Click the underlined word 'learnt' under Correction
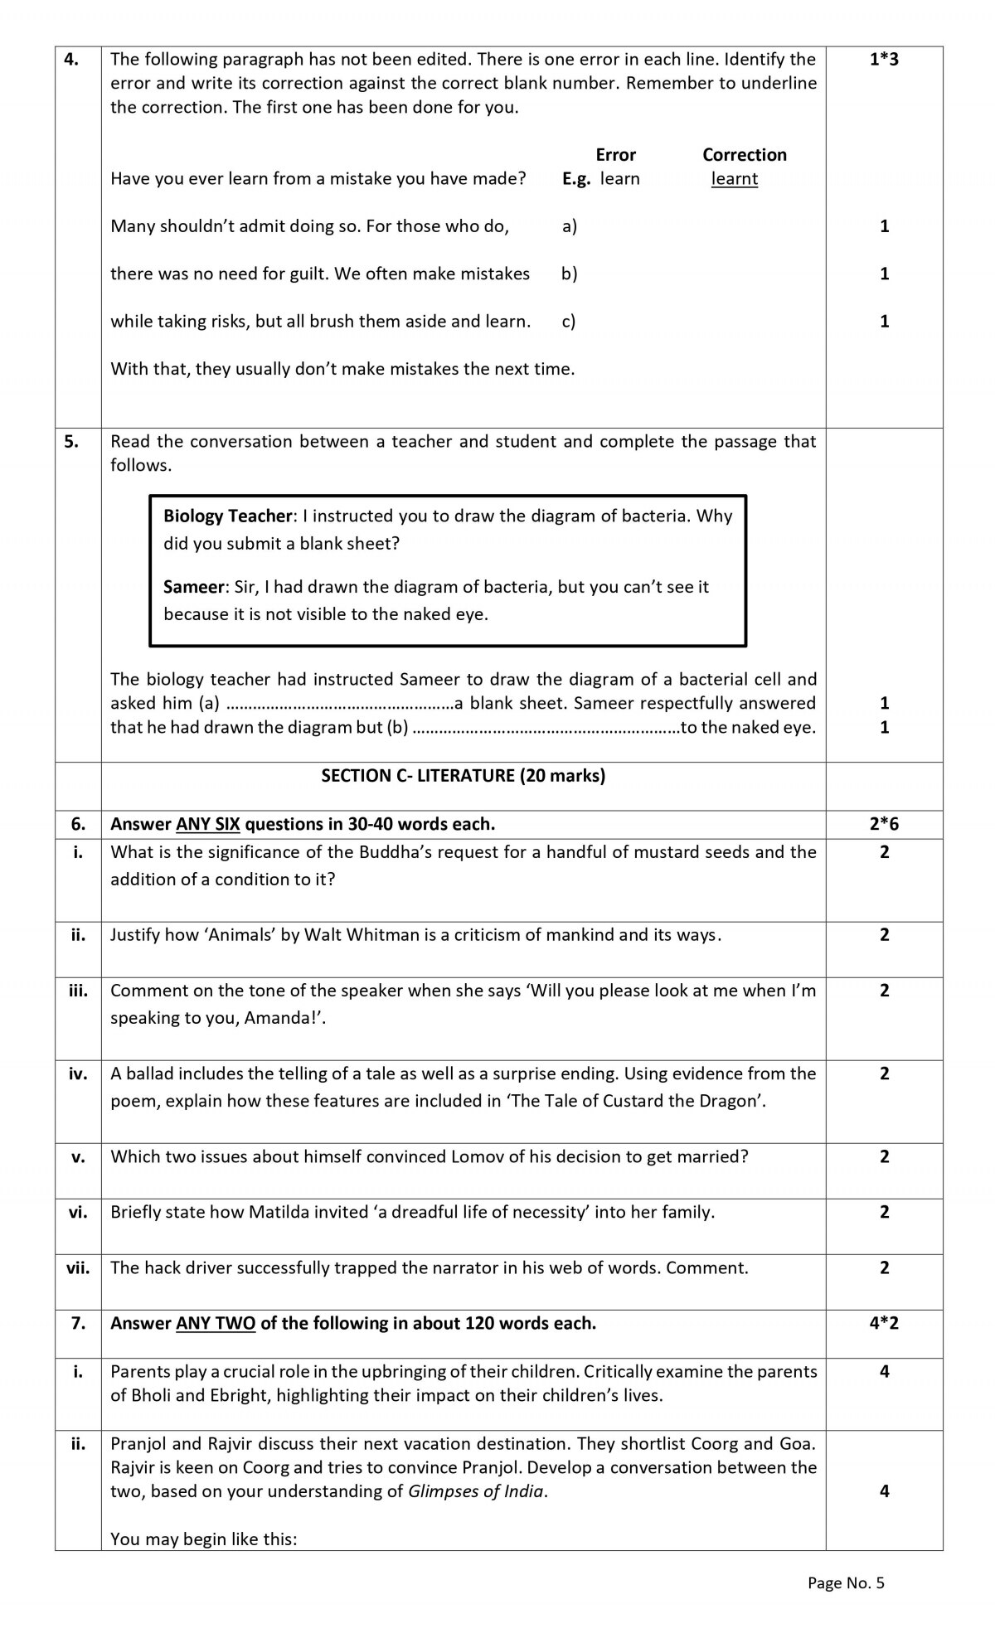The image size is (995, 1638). coord(734,179)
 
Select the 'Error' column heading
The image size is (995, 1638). coord(615,155)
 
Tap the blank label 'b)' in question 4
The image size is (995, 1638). coord(569,274)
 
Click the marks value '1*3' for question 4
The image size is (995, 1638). coord(884,60)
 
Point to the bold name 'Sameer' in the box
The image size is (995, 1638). coord(194,587)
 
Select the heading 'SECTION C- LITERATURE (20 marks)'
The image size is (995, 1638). coord(463,776)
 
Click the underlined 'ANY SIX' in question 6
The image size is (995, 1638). coord(208,824)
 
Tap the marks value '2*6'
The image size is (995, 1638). coord(884,824)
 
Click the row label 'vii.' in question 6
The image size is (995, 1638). coord(78,1267)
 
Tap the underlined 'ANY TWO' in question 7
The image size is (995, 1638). coord(216,1323)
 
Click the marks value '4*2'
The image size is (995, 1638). coord(884,1323)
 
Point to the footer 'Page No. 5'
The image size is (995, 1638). coord(846,1583)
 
